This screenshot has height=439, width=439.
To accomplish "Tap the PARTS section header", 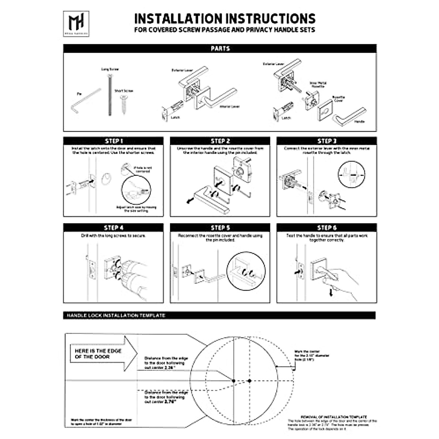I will [220, 49].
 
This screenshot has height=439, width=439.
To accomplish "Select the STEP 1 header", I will [113, 141].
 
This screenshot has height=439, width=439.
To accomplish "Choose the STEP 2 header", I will [220, 141].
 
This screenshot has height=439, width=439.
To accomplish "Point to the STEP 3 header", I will [327, 141].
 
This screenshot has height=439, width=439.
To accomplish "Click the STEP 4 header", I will [113, 228].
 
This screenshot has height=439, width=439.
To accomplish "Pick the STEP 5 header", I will [220, 228].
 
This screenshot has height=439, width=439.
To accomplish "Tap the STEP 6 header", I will [327, 228].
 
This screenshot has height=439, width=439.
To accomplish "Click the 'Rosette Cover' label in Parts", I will [338, 99].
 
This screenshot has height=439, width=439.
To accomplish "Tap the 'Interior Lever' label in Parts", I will [230, 107].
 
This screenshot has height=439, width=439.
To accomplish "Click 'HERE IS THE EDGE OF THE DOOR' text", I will [98, 353].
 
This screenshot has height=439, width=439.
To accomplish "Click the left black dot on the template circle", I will [233, 381].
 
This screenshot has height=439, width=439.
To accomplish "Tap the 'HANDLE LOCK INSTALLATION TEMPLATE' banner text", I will [116, 315].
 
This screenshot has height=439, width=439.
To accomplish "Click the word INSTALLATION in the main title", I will [178, 19].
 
